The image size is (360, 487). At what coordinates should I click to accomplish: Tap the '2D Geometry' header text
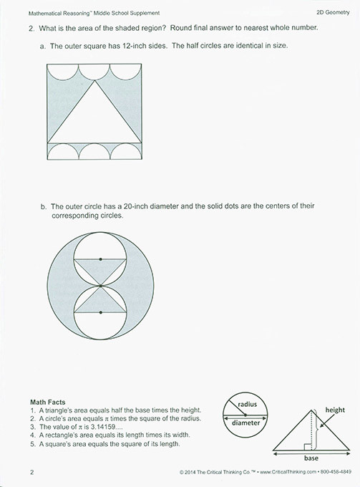pos(332,13)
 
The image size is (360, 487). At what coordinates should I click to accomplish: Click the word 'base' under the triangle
pos(311,455)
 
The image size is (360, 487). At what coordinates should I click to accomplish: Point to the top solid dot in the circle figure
pos(100,259)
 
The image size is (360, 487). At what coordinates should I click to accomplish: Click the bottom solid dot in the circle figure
pos(100,312)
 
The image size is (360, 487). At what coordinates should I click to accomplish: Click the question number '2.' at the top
pos(31,28)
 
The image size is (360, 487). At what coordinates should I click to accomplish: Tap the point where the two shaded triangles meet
pos(100,285)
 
